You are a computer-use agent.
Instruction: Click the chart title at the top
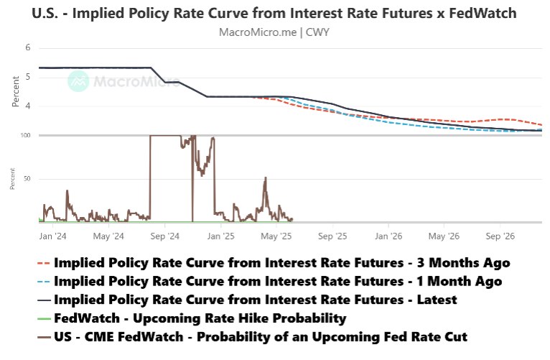pyautogui.click(x=275, y=14)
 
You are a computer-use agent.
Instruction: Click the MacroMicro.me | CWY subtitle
pyautogui.click(x=275, y=32)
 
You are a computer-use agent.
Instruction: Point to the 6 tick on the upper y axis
pyautogui.click(x=27, y=48)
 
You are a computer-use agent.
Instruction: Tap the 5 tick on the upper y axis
pyautogui.click(x=27, y=77)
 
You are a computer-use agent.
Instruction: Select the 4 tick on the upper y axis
pyautogui.click(x=27, y=106)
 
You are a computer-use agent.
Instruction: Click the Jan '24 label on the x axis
pyautogui.click(x=52, y=235)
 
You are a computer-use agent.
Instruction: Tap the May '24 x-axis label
pyautogui.click(x=109, y=235)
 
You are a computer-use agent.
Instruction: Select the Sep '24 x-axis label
pyautogui.click(x=165, y=235)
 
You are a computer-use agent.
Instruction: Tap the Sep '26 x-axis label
pyautogui.click(x=500, y=235)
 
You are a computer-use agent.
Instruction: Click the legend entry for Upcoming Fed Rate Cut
pyautogui.click(x=258, y=336)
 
